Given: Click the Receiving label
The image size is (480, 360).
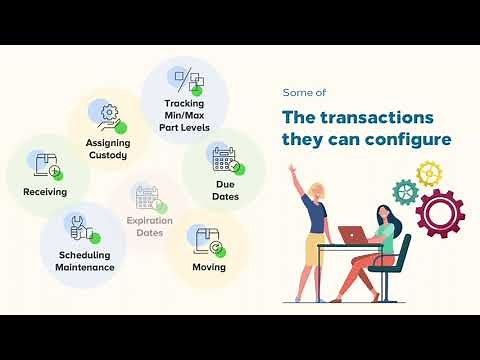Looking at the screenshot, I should tap(44, 190).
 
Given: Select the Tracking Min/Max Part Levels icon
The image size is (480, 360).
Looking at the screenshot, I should tap(189, 80).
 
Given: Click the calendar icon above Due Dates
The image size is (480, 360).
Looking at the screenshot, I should tap(224, 158).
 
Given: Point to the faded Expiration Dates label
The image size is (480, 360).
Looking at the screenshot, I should tap(149, 226).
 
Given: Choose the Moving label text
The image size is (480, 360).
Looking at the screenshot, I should tap(209, 267).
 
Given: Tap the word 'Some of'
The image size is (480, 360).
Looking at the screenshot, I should tap(303, 92).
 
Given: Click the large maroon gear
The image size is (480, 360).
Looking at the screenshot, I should tap(440, 212).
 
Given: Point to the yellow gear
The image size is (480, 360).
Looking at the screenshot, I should tap(428, 174).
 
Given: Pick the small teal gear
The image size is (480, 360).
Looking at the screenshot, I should tap(404, 191).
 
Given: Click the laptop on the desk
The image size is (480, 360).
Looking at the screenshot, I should tap(353, 235).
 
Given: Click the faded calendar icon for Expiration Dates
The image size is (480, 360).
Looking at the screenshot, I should tap(148, 197).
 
